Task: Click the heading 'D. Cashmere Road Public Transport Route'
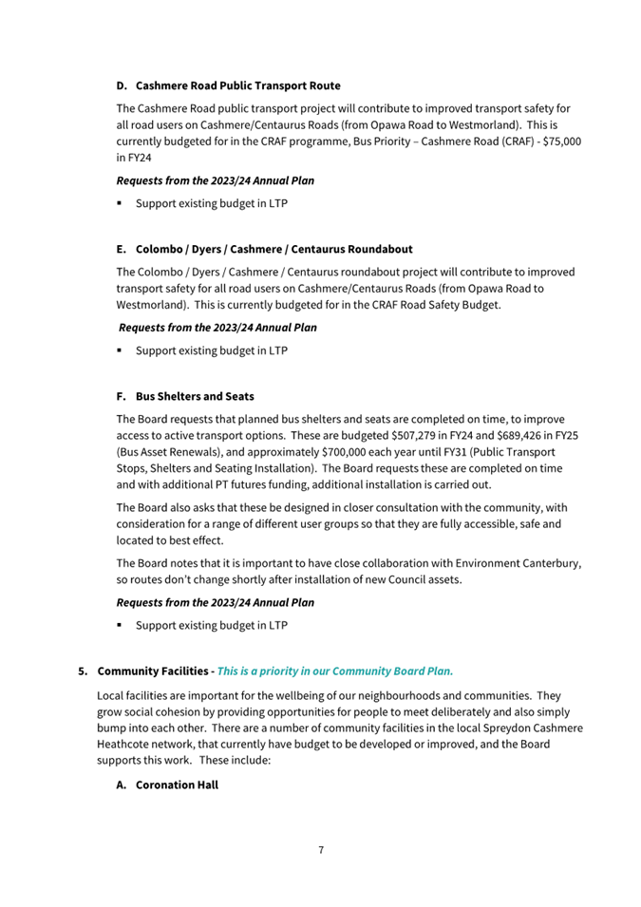pos(228,85)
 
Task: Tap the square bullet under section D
pos(123,203)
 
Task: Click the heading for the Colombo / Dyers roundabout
pos(264,249)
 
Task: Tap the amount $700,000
pos(349,452)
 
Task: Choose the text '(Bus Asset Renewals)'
pos(168,452)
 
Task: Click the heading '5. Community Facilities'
pos(142,671)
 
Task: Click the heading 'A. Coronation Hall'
pos(167,784)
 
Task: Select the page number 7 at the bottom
pos(320,849)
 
